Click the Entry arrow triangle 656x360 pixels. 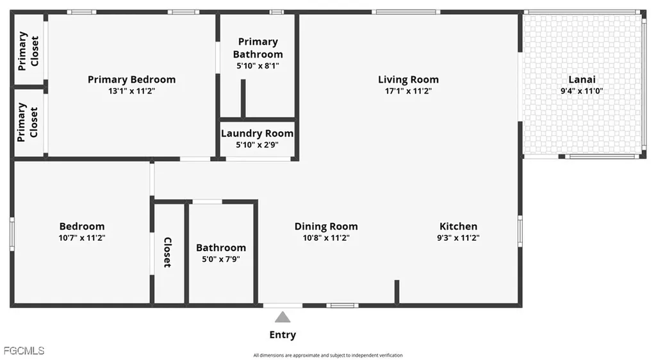coord(283,317)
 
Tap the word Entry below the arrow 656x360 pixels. coord(283,335)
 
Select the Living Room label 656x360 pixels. coord(408,79)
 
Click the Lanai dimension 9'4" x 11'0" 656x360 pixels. coord(582,91)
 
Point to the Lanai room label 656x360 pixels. coord(582,79)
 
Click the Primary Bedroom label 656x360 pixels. coord(131,79)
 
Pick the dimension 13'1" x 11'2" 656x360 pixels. coord(131,91)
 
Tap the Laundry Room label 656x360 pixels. coord(257,133)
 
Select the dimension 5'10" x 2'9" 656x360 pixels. coord(257,144)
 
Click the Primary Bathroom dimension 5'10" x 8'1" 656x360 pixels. coord(258,65)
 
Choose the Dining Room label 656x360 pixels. coord(326,226)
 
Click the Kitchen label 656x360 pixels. coord(458,226)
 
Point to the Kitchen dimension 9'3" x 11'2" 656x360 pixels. coord(458,238)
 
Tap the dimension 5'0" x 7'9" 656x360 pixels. coord(221,259)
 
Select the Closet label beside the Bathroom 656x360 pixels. coord(167,252)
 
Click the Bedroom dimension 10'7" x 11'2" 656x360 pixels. coord(82,238)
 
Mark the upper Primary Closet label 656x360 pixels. coord(28,51)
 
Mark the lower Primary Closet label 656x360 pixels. coord(28,122)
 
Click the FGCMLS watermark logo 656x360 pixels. coord(24,350)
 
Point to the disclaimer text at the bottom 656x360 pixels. coord(328,355)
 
